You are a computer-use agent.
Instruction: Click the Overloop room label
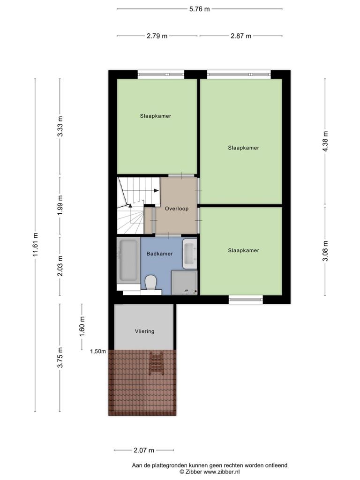[177, 209]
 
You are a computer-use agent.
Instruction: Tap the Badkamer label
[159, 254]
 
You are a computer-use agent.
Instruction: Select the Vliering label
[144, 331]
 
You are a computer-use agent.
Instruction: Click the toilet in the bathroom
[150, 282]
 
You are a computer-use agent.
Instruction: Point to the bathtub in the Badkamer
[128, 260]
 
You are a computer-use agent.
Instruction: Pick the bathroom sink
[190, 254]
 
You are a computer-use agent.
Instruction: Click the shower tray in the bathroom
[184, 282]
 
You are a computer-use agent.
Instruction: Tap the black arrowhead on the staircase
[156, 190]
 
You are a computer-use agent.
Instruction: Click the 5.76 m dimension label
[200, 9]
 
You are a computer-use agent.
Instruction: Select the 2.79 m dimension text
[157, 36]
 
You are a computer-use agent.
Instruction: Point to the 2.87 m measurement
[241, 36]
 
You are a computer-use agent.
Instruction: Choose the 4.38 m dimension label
[325, 141]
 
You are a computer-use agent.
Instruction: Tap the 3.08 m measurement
[325, 251]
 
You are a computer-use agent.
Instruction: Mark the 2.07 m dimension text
[144, 450]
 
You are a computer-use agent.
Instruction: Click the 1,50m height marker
[98, 351]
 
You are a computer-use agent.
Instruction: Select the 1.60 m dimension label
[82, 326]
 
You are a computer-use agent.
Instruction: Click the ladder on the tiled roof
[157, 363]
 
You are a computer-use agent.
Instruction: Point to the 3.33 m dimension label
[60, 127]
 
